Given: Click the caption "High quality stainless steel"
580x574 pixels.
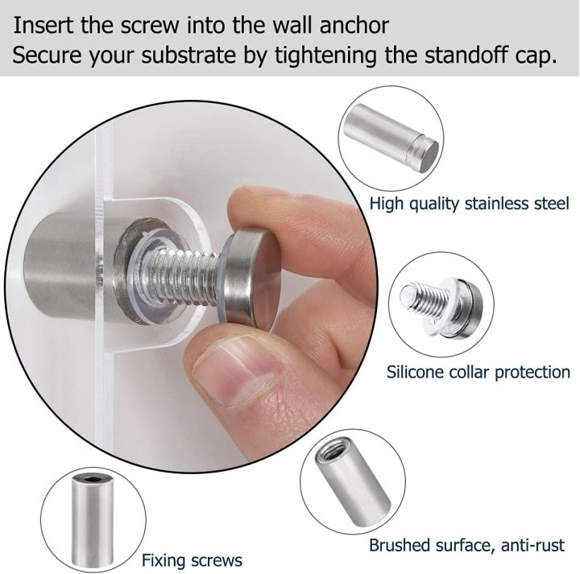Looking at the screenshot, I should tap(470, 204).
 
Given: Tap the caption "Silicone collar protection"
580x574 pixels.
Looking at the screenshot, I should tap(478, 372).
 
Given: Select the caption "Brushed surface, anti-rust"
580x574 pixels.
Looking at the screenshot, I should tap(467, 545).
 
